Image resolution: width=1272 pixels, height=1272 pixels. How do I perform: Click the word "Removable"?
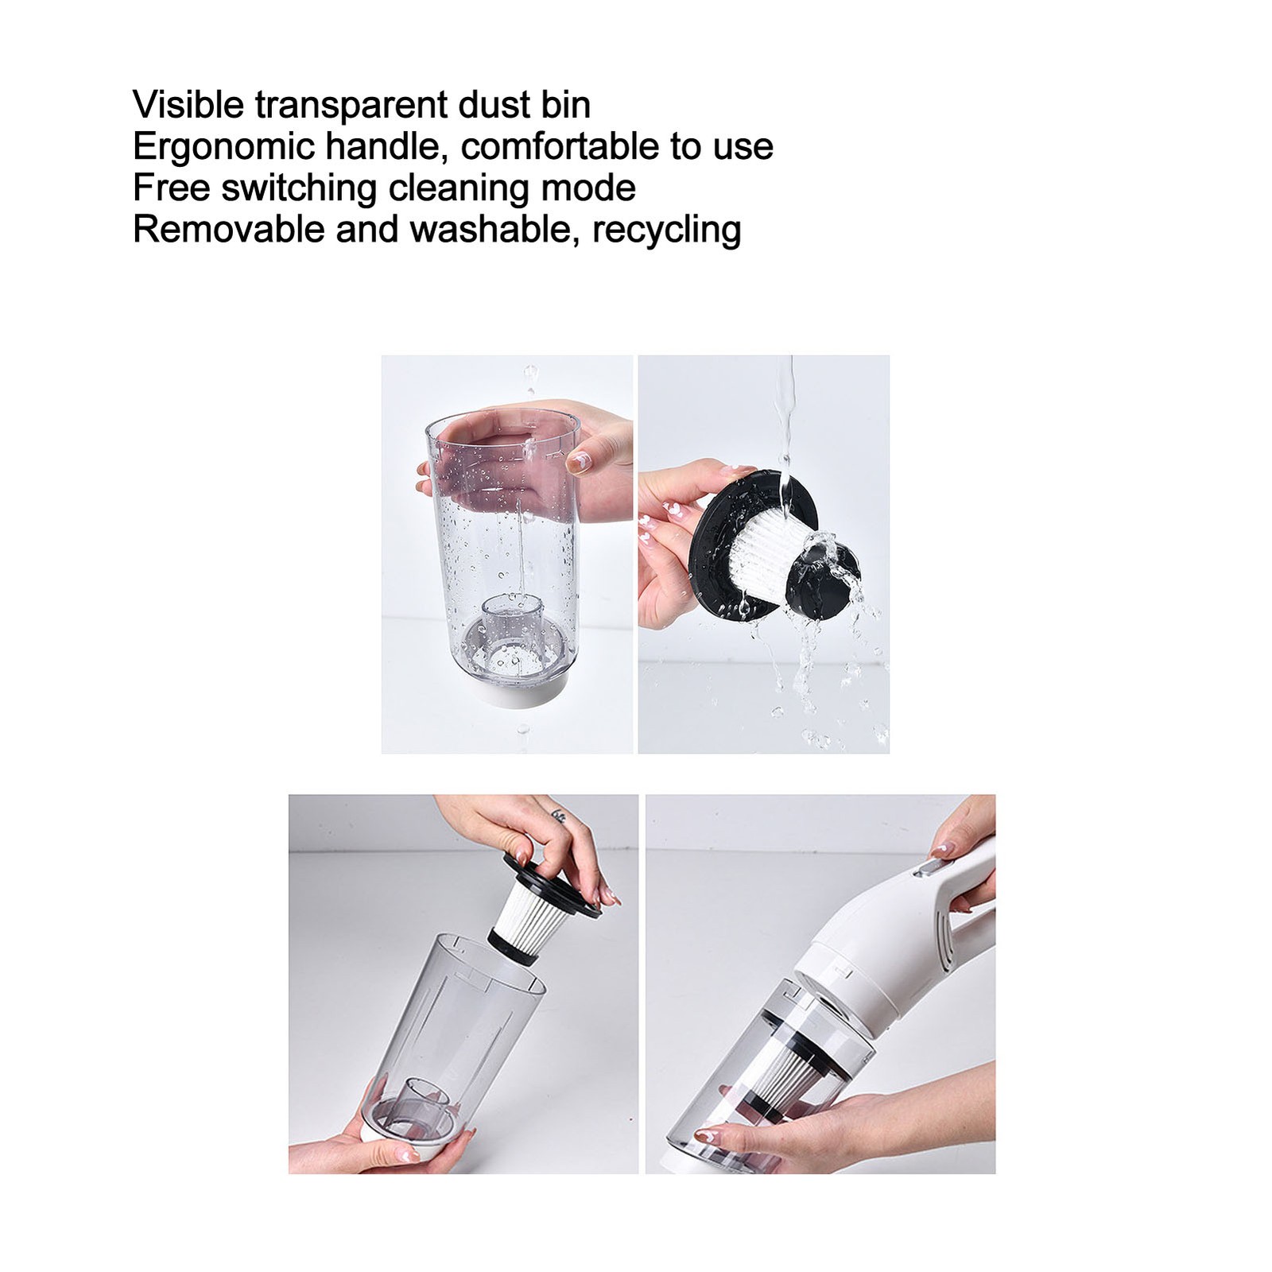pyautogui.click(x=229, y=229)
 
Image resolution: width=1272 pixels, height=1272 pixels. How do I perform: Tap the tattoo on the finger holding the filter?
pyautogui.click(x=559, y=816)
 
